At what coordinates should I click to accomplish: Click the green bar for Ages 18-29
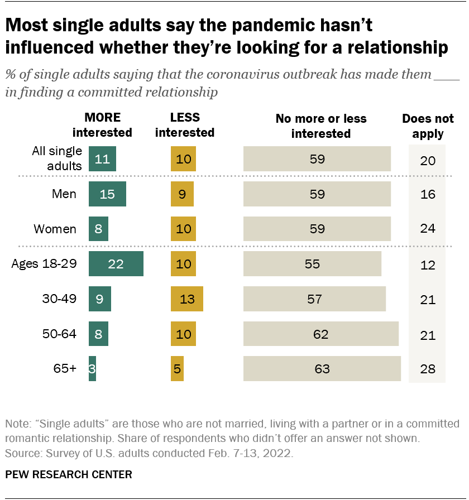(116, 264)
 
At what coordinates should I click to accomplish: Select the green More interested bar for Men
(107, 194)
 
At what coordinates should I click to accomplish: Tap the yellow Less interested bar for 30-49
(186, 299)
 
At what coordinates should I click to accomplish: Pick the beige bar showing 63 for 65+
(322, 369)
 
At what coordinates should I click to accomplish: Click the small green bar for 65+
(92, 369)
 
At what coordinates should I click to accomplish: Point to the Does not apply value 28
(427, 369)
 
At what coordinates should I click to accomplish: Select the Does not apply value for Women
(427, 229)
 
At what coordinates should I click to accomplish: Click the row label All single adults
(57, 158)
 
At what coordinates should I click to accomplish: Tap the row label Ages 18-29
(44, 264)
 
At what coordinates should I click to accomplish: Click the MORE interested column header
(102, 125)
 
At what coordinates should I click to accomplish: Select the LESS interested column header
(185, 125)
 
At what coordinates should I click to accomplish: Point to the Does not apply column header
(428, 126)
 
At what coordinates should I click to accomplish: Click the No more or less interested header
(321, 126)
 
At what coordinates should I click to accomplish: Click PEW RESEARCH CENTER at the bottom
(69, 475)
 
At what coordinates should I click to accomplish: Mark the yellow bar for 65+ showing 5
(177, 369)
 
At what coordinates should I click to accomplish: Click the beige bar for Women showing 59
(317, 229)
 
